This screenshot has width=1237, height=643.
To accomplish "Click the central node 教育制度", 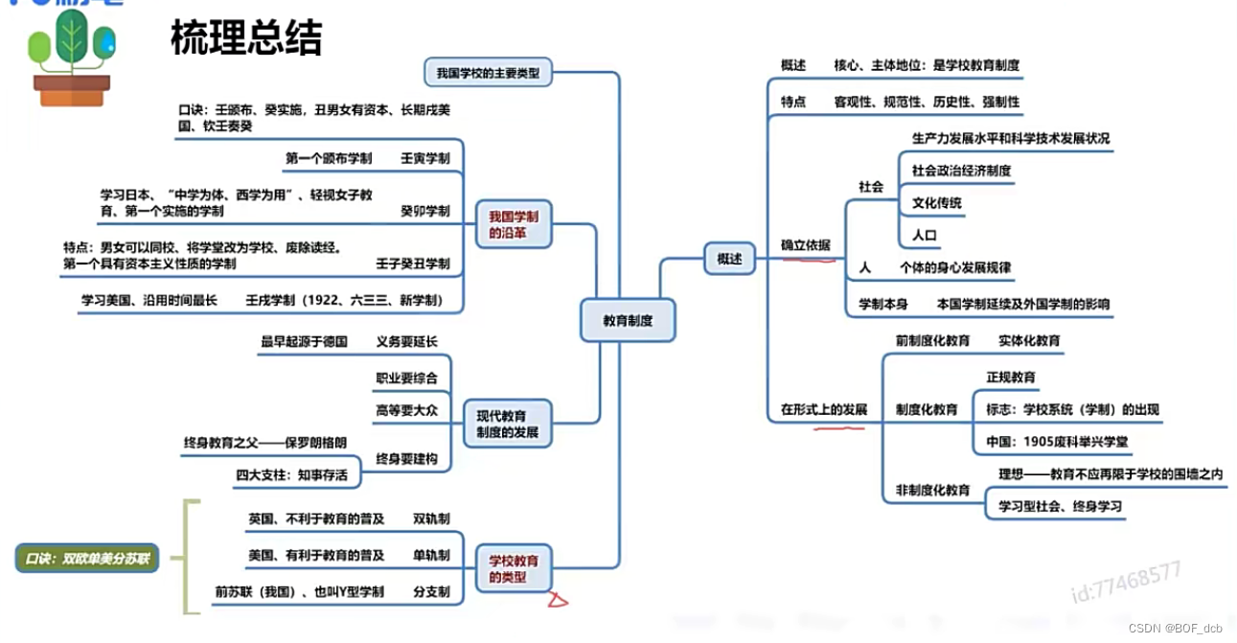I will coord(628,321).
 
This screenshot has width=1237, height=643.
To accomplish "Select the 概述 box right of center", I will coord(729,259).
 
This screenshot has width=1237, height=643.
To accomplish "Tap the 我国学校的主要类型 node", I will coord(488,72).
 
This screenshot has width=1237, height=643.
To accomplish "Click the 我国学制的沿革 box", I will coord(514,225).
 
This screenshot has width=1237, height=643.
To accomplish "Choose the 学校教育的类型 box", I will coord(514,569).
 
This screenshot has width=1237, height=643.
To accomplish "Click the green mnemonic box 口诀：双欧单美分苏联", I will coord(86,557).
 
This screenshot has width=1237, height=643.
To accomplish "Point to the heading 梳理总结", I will coord(246,38).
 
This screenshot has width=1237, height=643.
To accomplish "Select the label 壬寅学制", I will coord(424,157).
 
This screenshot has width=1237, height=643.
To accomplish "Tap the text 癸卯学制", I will coord(424,211).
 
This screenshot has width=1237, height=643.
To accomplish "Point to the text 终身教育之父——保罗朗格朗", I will coord(265,443).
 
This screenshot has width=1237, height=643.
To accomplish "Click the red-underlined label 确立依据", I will coord(805,245).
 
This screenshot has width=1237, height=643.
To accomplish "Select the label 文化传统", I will coord(936,203).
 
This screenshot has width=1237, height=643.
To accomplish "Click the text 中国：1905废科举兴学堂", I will coord(1057,442).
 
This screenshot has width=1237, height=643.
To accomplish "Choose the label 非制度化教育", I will coord(932,490).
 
